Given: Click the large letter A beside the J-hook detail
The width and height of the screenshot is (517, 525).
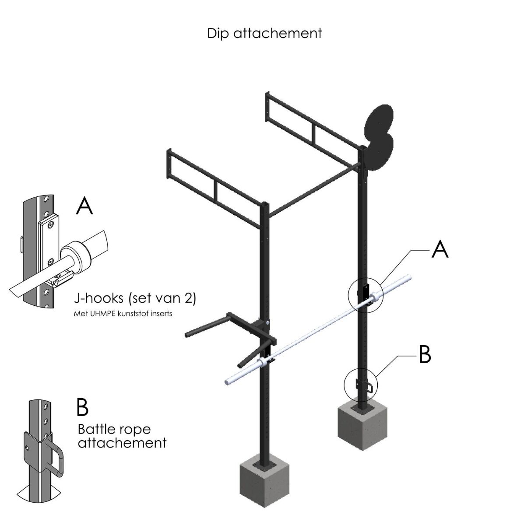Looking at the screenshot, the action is click(84, 206).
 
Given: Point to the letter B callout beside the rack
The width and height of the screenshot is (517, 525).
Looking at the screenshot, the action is click(425, 354).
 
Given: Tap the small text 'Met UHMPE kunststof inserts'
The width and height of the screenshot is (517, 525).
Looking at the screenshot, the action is click(123, 314).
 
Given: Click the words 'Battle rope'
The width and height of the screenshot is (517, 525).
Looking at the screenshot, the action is click(114, 430).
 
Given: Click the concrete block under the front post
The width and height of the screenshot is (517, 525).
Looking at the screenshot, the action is click(264, 483).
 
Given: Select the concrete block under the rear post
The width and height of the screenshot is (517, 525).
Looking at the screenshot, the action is click(362, 426).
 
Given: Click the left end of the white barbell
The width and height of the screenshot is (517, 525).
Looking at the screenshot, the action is click(226, 382).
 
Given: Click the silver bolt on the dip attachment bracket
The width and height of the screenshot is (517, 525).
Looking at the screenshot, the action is click(267, 322).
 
